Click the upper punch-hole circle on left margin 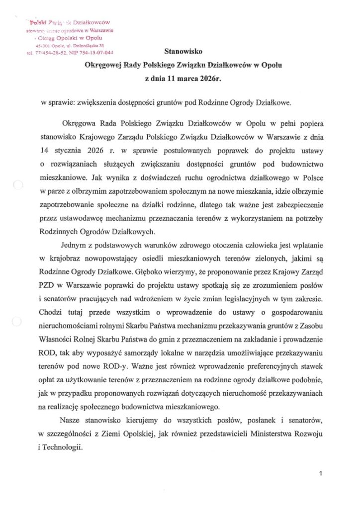pos(17,186)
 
